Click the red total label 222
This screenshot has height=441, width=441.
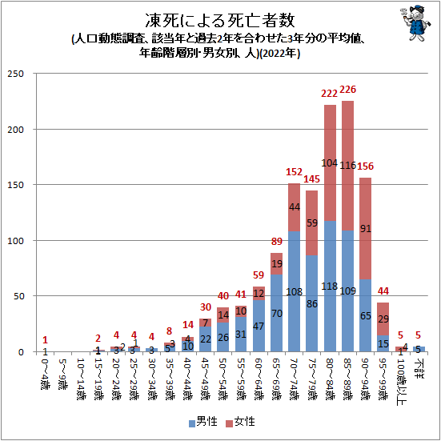tap(330, 94)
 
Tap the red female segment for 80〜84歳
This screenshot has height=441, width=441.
tap(330, 162)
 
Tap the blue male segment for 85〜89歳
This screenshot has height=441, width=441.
tap(348, 291)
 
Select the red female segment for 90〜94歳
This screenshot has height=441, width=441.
tap(366, 228)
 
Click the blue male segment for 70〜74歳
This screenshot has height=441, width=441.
tap(293, 292)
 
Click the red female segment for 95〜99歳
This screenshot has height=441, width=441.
tap(383, 319)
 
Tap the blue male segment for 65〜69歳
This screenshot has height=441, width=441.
tap(275, 313)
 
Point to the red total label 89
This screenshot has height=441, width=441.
tap(275, 242)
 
